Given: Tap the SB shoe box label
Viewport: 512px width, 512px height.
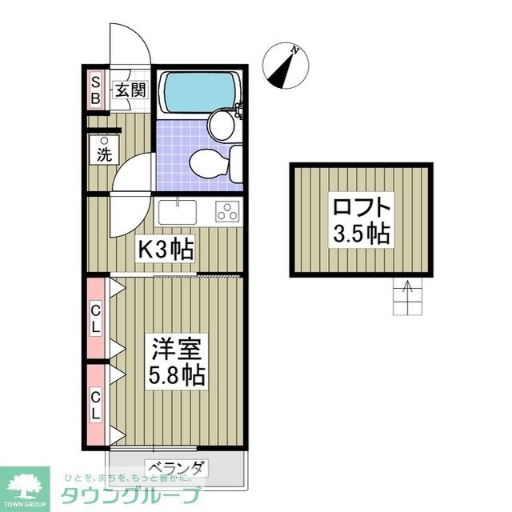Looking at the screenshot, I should [x=94, y=90].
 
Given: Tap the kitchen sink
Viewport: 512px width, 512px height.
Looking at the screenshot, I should [x=177, y=212].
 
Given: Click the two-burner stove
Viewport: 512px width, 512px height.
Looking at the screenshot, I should [x=228, y=212].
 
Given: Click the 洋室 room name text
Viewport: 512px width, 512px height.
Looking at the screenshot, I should [x=176, y=349].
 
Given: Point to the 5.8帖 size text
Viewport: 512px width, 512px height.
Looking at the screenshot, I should [x=176, y=374].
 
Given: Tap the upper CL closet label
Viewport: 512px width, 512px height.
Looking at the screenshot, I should [x=95, y=318].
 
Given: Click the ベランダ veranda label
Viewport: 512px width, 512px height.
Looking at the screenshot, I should [x=177, y=468].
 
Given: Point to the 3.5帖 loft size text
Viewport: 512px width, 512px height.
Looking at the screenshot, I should [x=362, y=234].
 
